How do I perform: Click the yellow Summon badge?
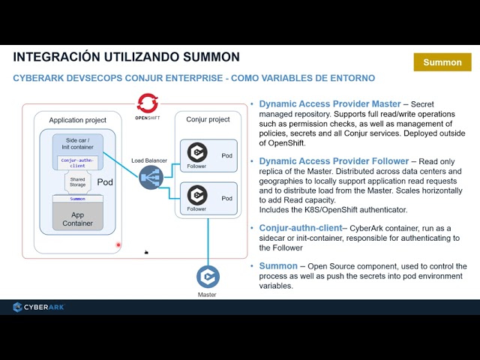[x=442, y=62]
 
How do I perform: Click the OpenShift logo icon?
[x=147, y=102]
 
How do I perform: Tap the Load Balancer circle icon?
[x=150, y=177]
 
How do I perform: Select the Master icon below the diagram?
[x=207, y=277]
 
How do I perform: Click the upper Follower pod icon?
[x=197, y=152]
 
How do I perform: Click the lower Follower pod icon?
[x=197, y=195]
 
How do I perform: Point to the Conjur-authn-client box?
[x=78, y=163]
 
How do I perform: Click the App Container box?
[x=77, y=218]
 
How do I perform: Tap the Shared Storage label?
[x=77, y=181]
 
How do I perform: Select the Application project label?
[x=77, y=120]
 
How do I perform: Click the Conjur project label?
[x=208, y=119]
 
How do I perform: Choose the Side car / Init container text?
[x=78, y=144]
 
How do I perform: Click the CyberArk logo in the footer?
[x=39, y=307]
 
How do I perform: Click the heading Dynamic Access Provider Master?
[x=329, y=104]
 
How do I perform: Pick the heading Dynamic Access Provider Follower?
[x=334, y=161]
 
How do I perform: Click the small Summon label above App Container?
[x=77, y=199]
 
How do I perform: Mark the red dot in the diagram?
[x=118, y=244]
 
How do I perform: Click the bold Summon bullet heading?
[x=278, y=266]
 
